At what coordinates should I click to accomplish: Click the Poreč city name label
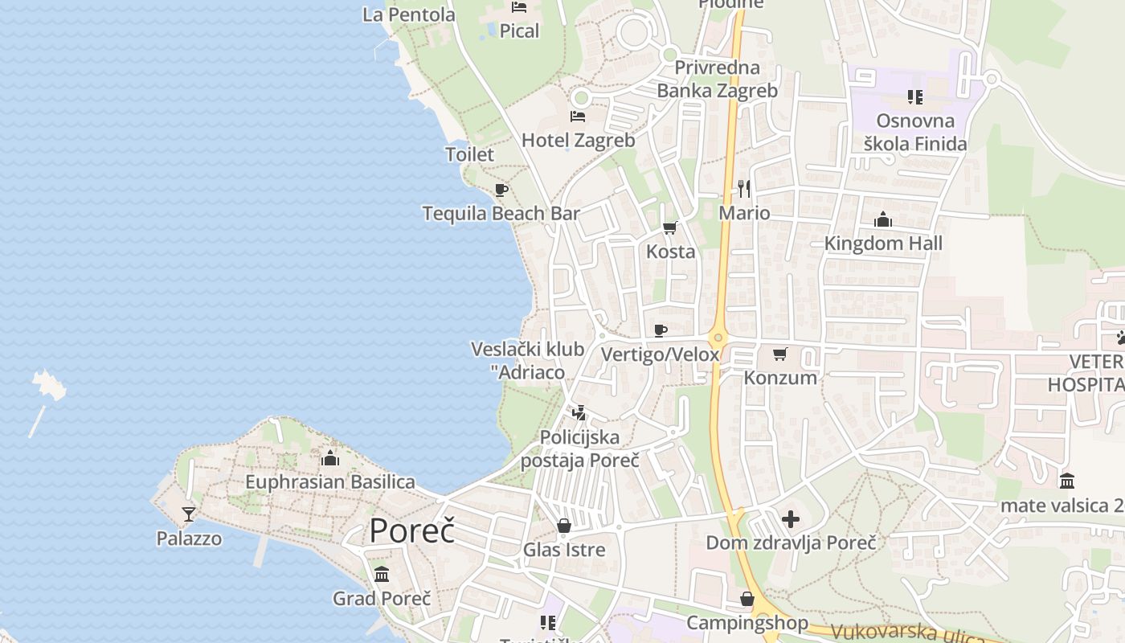pos(411,531)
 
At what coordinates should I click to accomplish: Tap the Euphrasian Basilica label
pos(330,482)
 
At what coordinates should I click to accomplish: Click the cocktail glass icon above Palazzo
pos(189,514)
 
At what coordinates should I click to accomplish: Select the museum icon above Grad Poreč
pos(382,575)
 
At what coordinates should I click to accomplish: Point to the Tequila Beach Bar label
pos(501,213)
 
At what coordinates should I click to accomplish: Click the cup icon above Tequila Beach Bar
pos(501,190)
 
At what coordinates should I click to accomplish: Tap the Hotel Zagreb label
pos(578,140)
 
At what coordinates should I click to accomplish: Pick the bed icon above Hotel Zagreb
pos(578,117)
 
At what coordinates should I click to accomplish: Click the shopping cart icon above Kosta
pos(670,228)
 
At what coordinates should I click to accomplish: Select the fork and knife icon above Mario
pos(744,189)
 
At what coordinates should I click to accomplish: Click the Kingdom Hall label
pos(883,243)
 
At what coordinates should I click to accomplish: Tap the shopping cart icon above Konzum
pos(779,354)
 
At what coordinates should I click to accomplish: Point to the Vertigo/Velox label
pos(660,354)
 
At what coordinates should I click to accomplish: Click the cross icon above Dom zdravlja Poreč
pos(791,519)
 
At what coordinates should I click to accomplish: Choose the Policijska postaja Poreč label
pos(579,448)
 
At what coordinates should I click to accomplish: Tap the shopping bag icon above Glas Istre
pos(564,526)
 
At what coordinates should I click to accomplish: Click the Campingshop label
pos(747,623)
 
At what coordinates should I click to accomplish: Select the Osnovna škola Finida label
pos(915,133)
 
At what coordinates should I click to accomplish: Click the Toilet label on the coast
pos(469,154)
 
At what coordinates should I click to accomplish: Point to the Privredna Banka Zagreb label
pos(717,79)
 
